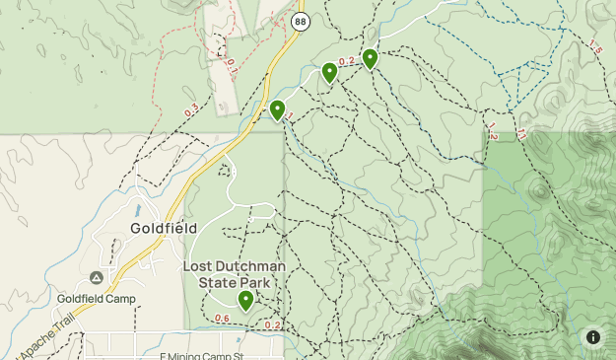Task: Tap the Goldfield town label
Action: (164, 228)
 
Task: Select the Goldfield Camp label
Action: (96, 299)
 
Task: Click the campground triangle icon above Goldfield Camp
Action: (96, 279)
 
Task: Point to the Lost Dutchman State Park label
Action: (235, 274)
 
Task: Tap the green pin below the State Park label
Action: (245, 300)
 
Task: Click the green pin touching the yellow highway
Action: (278, 109)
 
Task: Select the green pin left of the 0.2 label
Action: (330, 72)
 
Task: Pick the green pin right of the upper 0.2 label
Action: (370, 58)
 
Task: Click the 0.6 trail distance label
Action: (222, 318)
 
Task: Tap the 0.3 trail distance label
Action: (190, 111)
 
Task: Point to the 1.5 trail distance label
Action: (594, 47)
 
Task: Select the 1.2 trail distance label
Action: (492, 132)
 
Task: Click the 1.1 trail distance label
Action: (520, 132)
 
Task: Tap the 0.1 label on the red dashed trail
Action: (231, 66)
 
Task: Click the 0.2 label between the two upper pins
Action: (347, 61)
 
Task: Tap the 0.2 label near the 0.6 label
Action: (273, 325)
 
